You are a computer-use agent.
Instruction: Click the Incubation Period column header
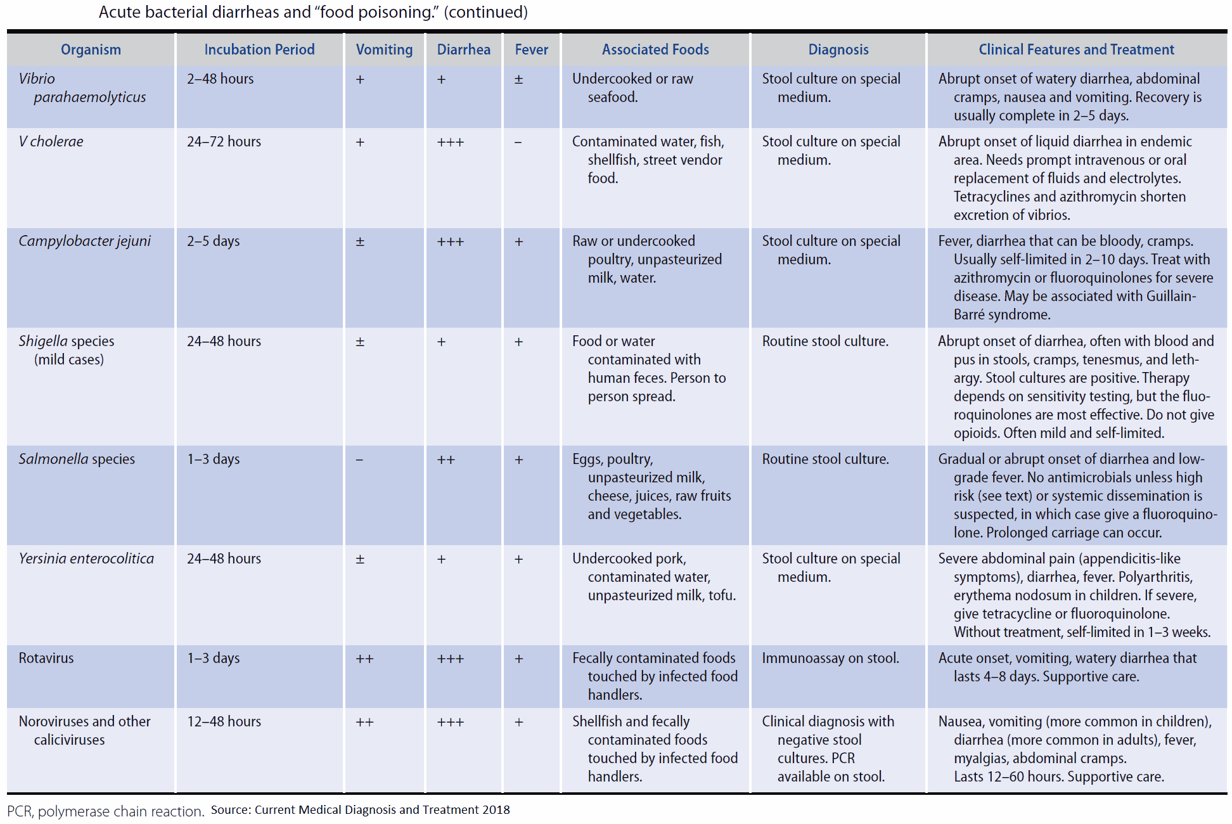tap(259, 49)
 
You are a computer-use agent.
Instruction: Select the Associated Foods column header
tap(655, 49)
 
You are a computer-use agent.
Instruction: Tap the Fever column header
tap(531, 49)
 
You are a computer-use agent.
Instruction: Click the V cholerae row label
tap(51, 141)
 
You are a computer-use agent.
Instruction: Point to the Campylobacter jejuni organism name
tap(84, 241)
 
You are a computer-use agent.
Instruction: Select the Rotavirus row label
tap(46, 658)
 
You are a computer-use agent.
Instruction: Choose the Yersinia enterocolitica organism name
tap(86, 558)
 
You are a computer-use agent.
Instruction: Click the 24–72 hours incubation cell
tap(224, 141)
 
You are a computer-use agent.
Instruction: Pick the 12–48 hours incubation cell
tap(224, 721)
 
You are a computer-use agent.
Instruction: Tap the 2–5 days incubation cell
tap(213, 241)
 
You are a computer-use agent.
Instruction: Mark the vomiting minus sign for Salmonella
tap(359, 460)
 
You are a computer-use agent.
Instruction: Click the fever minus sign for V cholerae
tap(518, 142)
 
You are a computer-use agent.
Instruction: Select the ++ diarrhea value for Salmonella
tap(446, 460)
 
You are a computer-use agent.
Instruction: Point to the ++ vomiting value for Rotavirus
tap(364, 659)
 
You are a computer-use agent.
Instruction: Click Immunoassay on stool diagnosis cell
tap(830, 658)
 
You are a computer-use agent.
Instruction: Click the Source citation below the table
tap(360, 809)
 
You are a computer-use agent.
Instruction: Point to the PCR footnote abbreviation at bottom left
tap(20, 811)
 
